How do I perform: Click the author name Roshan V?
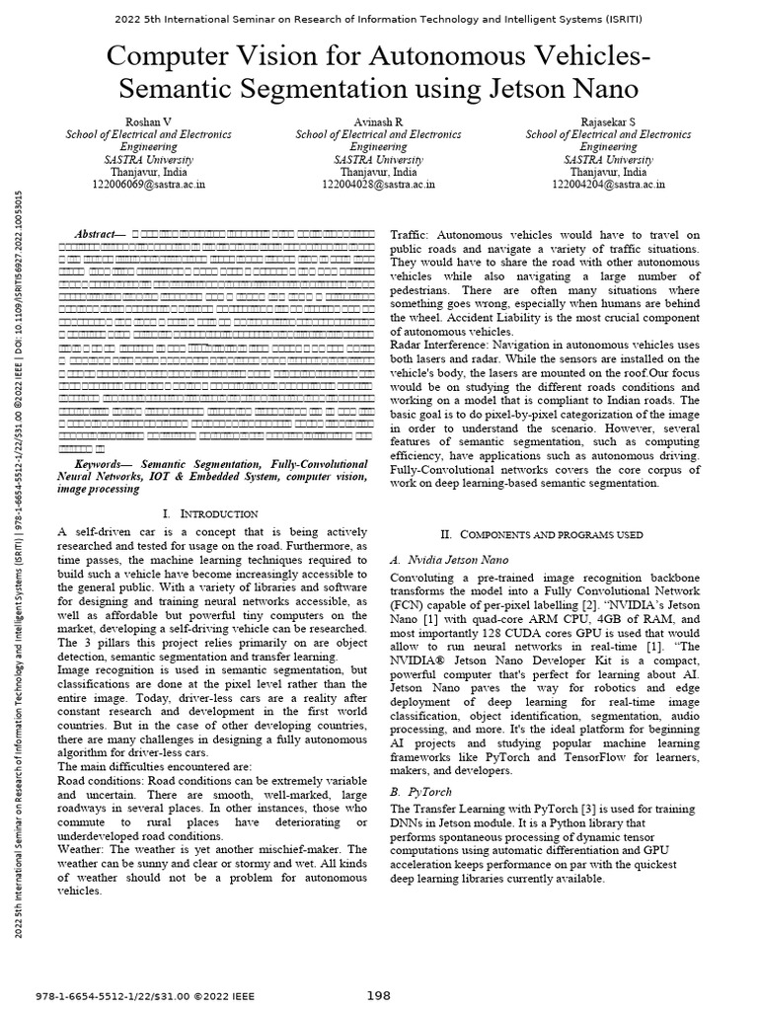click(x=149, y=120)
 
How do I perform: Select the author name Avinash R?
click(x=379, y=120)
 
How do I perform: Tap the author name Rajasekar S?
click(x=609, y=120)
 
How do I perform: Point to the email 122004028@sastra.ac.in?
click(x=379, y=184)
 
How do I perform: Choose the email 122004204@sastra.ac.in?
click(x=609, y=184)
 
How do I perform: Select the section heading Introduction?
click(x=216, y=514)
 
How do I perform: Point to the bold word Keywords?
click(x=105, y=463)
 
